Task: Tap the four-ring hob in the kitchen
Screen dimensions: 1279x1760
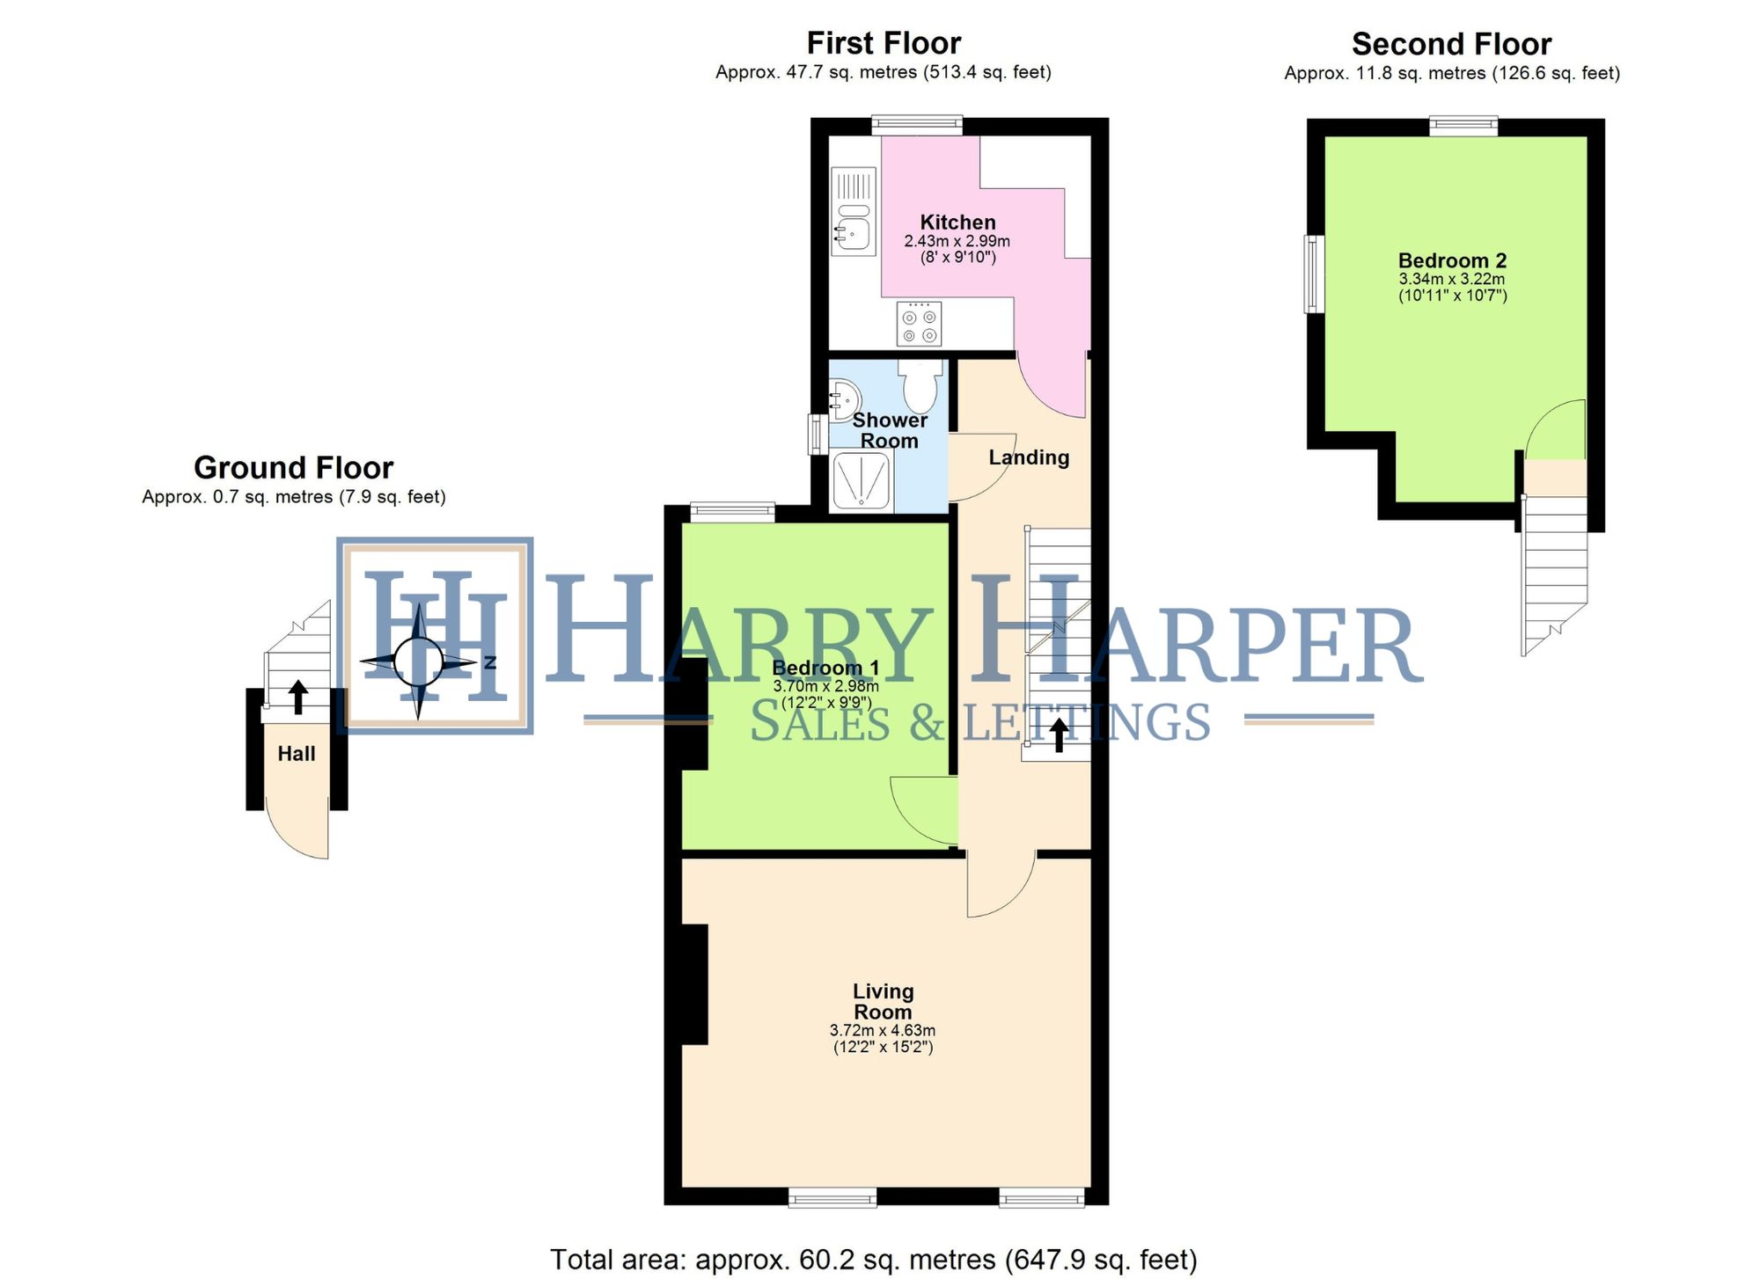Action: (x=919, y=324)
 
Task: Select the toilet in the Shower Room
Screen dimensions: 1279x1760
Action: (x=920, y=387)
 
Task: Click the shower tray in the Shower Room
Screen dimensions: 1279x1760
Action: (x=862, y=480)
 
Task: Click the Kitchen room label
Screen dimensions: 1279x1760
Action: (x=957, y=223)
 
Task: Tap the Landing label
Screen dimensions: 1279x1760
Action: (x=1028, y=457)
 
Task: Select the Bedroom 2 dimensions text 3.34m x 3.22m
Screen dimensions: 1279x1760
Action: (x=1452, y=279)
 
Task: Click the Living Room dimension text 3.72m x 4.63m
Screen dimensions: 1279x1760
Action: (x=882, y=1030)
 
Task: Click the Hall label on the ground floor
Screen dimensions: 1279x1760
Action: (x=297, y=754)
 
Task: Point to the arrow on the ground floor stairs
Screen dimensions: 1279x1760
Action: (x=298, y=697)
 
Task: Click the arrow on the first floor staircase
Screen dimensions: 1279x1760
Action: (x=1059, y=735)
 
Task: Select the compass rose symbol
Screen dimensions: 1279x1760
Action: (x=419, y=661)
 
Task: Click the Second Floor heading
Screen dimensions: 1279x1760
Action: (x=1451, y=44)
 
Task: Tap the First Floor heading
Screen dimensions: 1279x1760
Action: (x=884, y=43)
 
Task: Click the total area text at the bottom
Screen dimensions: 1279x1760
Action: (x=873, y=1260)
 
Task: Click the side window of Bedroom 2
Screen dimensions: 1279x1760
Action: (x=1314, y=274)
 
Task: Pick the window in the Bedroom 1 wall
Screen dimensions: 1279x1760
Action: (x=732, y=511)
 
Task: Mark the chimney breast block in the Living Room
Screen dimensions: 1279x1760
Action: (x=694, y=983)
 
